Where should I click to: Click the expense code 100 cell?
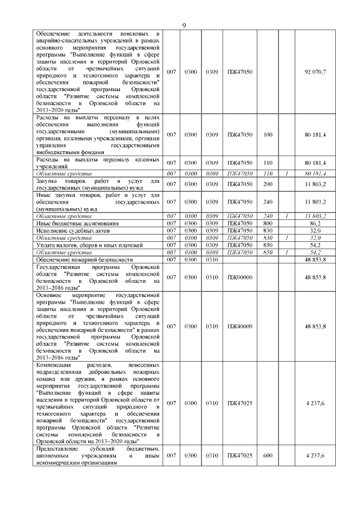[268, 135]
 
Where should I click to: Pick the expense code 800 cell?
[268, 223]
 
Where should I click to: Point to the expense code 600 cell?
[268, 455]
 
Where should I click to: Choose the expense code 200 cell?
[268, 184]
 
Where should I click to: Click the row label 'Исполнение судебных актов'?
[73, 231]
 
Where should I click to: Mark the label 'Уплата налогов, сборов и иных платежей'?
[90, 245]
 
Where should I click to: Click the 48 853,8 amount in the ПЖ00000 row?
[315, 277]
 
